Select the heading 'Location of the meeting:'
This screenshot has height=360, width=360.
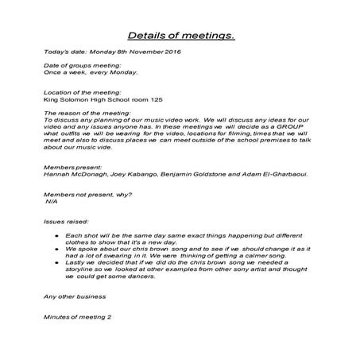(77, 92)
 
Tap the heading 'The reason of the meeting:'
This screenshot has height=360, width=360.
(81, 113)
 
